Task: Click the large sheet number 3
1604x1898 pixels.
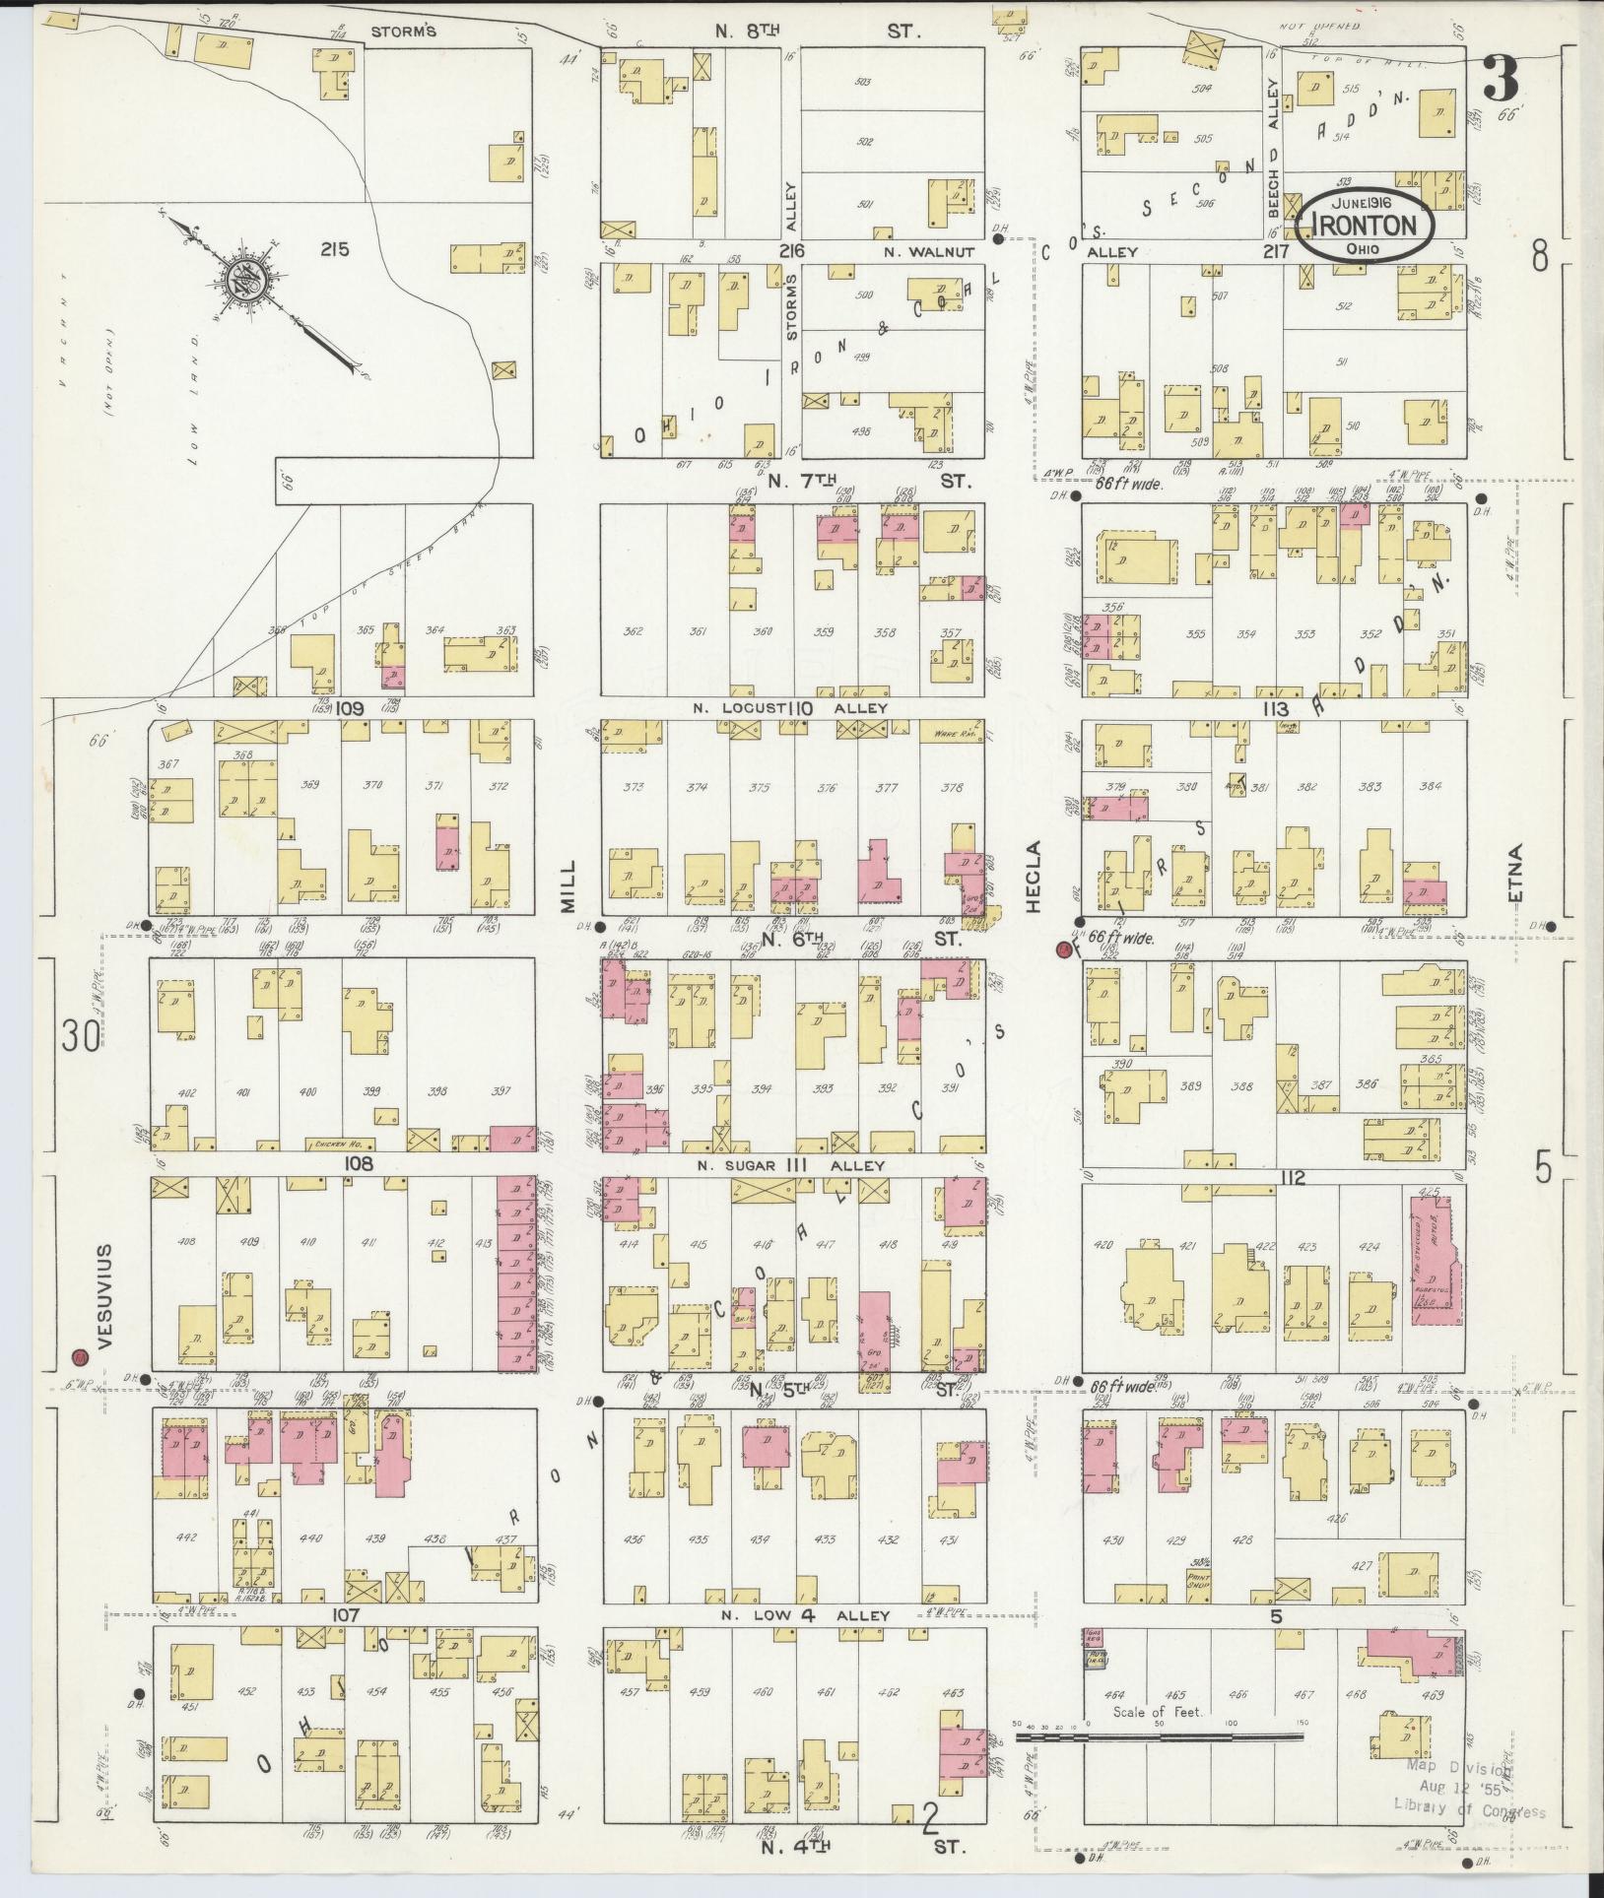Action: click(1502, 79)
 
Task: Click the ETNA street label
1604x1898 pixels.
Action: click(1514, 873)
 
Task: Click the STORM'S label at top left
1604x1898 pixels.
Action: click(403, 31)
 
